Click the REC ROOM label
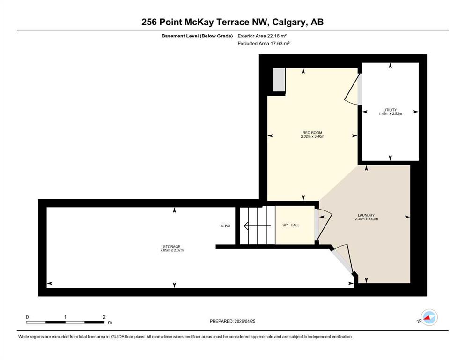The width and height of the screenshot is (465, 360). [312, 133]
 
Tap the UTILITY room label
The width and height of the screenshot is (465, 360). [390, 110]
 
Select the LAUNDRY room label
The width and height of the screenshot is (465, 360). [366, 215]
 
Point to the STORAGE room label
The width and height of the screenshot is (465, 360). [172, 247]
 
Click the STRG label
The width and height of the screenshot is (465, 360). [225, 226]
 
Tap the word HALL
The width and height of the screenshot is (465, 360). [295, 225]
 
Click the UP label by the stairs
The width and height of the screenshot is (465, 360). [285, 225]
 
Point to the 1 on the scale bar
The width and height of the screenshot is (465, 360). [65, 317]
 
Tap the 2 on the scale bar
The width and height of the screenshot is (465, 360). [104, 317]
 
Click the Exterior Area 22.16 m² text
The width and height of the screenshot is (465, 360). [262, 36]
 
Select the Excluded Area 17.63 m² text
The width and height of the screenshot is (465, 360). [263, 43]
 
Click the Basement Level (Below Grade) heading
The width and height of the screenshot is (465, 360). [197, 36]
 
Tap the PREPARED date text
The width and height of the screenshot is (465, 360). [232, 321]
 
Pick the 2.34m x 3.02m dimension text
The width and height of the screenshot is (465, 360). [366, 219]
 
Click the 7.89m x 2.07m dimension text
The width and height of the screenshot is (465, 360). [172, 250]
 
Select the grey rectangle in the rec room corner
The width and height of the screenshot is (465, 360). [279, 80]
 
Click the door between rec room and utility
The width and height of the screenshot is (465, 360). [353, 89]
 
